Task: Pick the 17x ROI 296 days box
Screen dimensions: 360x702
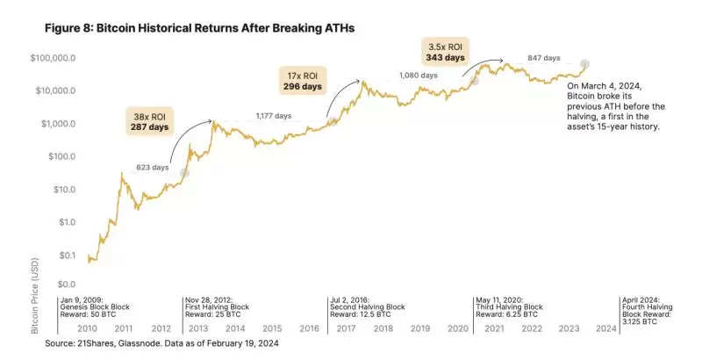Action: pyautogui.click(x=300, y=81)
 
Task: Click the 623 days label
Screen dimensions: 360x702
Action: pyautogui.click(x=152, y=166)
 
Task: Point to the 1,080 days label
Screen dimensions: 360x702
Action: pyautogui.click(x=418, y=76)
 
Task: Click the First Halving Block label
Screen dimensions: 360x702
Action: pyautogui.click(x=215, y=306)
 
